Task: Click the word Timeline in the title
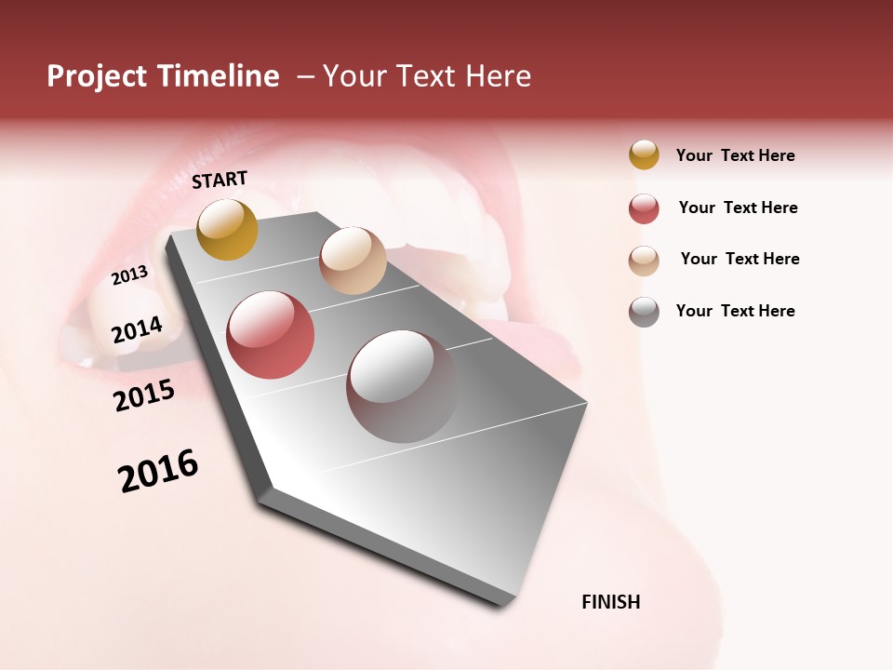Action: [x=219, y=76]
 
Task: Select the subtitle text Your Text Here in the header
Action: [x=426, y=76]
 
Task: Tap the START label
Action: [x=220, y=180]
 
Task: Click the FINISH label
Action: [x=611, y=602]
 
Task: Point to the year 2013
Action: [x=129, y=275]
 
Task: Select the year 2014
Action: [x=137, y=330]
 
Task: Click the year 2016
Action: [x=158, y=471]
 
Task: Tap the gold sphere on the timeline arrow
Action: [x=228, y=229]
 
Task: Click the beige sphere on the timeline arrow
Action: [x=353, y=261]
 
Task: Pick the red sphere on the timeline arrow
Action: [x=271, y=335]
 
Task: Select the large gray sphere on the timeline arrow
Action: [x=402, y=386]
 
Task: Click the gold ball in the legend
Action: [x=644, y=155]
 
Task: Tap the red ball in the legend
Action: [x=644, y=208]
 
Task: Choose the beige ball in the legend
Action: [x=644, y=260]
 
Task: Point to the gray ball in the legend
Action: [x=644, y=312]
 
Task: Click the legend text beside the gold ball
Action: [x=735, y=155]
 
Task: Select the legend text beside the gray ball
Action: [x=735, y=311]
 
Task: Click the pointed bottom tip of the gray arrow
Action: [x=507, y=603]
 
